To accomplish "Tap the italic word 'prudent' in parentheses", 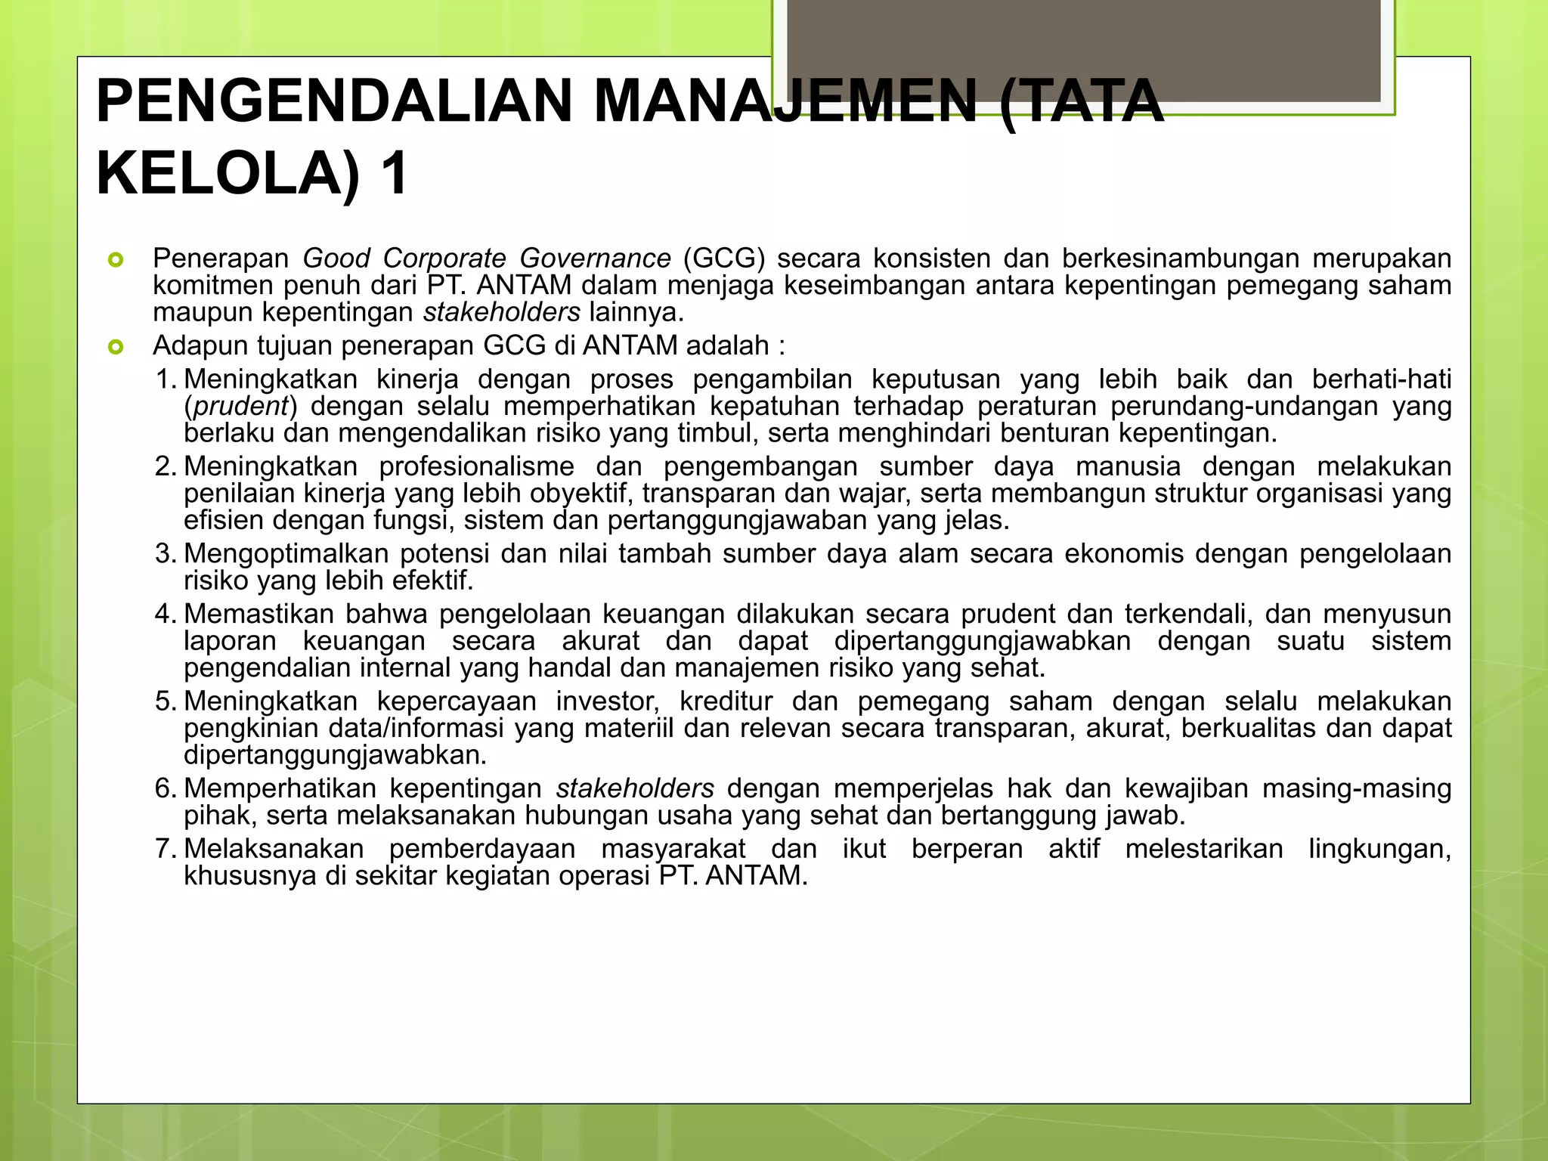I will (241, 407).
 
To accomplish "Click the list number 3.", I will (164, 554).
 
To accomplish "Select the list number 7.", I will (164, 849).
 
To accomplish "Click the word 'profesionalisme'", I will (476, 466).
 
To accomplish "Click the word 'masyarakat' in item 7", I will (673, 849).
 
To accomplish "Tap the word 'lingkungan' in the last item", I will (1379, 849).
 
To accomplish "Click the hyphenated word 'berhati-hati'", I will (1381, 379).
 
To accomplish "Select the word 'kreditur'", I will (726, 701).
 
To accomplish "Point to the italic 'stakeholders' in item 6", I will (635, 788).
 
